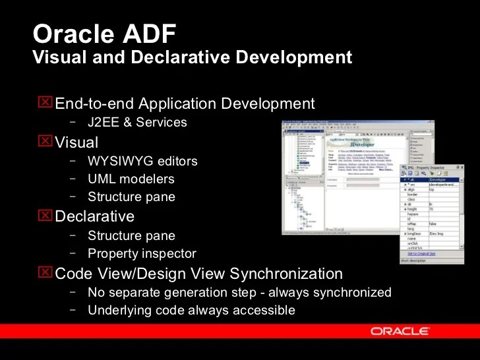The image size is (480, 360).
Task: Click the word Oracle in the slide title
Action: tap(67, 35)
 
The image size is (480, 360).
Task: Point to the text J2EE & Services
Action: tap(137, 122)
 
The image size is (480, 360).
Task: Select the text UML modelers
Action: tap(131, 179)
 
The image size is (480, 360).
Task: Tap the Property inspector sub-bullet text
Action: tap(142, 253)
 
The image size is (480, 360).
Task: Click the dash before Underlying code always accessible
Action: tap(72, 310)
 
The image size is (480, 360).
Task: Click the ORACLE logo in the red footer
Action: tap(400, 331)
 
